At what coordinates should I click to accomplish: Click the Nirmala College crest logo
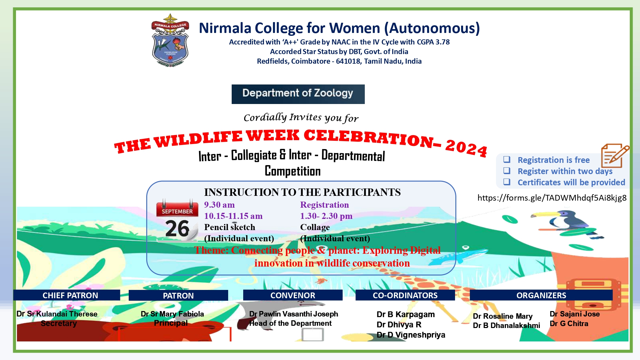click(170, 40)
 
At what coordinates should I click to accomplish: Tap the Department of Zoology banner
click(298, 94)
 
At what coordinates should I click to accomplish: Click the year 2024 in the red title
click(466, 148)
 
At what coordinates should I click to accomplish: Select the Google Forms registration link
click(552, 198)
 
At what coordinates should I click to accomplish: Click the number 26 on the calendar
click(178, 228)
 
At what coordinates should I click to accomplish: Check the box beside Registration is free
click(507, 159)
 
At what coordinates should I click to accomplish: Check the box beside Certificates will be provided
click(507, 182)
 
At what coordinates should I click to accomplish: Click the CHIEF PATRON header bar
click(67, 295)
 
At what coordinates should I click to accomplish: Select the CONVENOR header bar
click(293, 295)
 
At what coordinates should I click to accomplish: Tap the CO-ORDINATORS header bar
click(405, 295)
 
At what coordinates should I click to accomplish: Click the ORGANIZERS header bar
click(541, 295)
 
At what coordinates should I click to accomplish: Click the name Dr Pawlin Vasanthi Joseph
click(294, 314)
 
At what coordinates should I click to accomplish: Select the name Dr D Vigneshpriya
click(411, 335)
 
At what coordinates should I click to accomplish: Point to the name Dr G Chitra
click(569, 324)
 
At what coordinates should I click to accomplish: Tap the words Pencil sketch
click(230, 227)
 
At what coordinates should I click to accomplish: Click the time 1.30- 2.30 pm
click(326, 216)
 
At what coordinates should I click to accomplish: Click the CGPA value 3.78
click(443, 42)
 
